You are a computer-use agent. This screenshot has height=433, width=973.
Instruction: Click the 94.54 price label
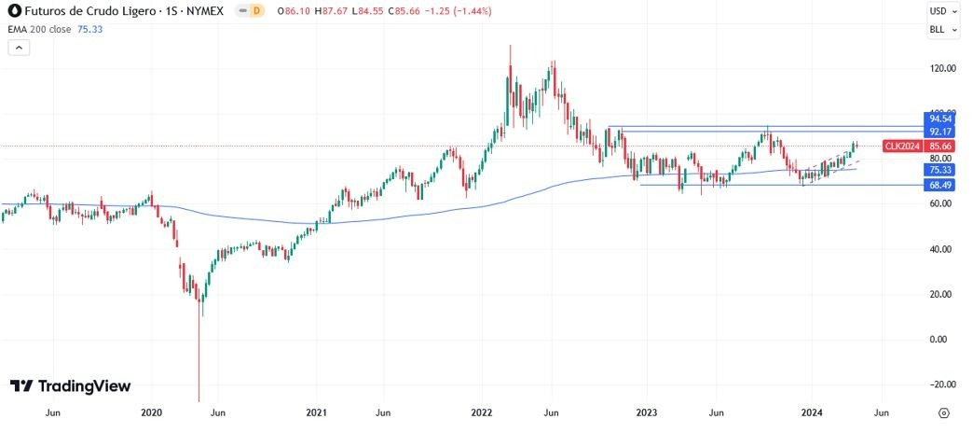939,119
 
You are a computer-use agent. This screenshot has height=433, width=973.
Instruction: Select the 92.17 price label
939,133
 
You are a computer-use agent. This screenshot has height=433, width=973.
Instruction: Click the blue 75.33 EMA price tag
939,171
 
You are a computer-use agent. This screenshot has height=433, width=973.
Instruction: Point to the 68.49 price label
939,186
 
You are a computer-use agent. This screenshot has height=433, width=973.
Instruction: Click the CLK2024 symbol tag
903,147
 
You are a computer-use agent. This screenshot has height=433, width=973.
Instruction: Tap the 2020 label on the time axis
151,412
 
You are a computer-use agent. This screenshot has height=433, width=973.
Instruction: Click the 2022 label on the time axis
482,412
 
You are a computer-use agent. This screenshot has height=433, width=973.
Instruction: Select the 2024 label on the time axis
812,412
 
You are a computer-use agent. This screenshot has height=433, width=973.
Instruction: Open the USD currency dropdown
942,11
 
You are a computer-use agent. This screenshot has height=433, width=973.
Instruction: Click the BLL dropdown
942,30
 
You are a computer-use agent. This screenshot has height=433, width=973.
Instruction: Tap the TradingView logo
70,386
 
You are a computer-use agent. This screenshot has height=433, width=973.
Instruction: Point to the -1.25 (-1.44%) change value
461,11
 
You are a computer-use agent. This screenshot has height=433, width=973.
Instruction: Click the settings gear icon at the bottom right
943,412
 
